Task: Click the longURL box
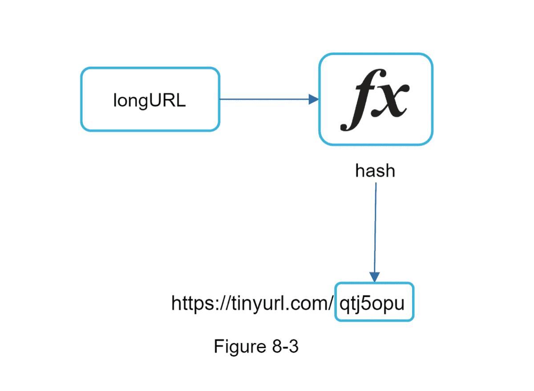click(150, 99)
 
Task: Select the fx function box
click(376, 99)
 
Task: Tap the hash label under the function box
click(375, 171)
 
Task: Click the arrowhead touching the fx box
click(314, 99)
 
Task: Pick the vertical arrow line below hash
click(375, 227)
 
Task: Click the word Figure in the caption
click(240, 346)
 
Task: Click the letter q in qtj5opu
click(344, 305)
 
